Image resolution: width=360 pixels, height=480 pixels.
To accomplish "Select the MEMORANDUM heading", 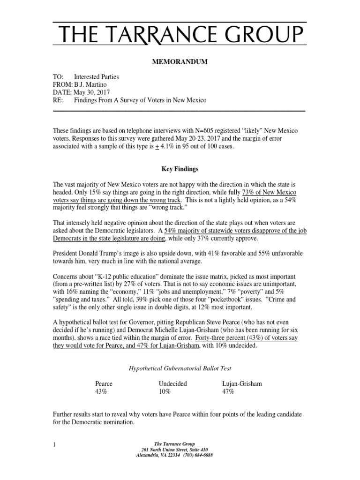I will (180, 61).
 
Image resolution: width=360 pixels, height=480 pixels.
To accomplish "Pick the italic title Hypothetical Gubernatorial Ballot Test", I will (180, 368).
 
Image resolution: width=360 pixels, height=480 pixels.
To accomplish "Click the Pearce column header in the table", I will (104, 383).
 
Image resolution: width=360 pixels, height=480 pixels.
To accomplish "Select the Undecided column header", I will (173, 383).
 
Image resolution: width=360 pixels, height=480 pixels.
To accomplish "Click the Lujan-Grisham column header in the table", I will (242, 383).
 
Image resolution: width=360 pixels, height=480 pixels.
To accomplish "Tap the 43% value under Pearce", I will (101, 391).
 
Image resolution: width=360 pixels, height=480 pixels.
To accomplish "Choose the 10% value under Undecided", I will (165, 391).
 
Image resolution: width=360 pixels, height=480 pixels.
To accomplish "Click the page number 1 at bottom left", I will (54, 443).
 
